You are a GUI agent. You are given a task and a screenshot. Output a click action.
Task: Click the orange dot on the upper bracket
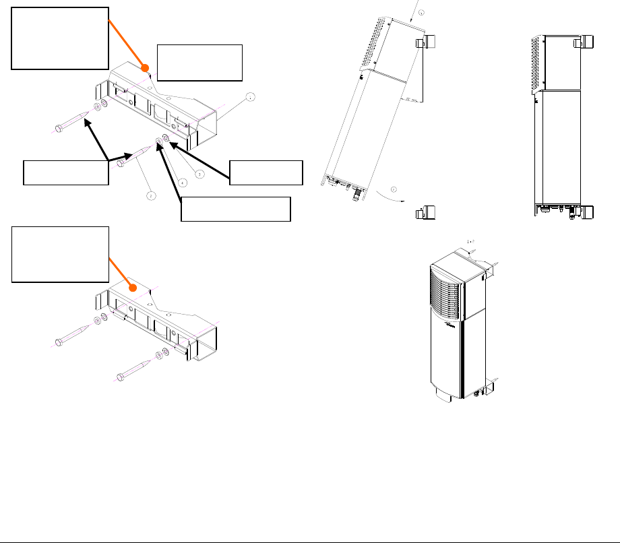click(144, 67)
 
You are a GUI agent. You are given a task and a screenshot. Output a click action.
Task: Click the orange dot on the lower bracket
click(134, 288)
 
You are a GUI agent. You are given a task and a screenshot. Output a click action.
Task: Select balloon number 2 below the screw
click(152, 196)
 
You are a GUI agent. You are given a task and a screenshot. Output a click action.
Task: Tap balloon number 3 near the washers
click(199, 174)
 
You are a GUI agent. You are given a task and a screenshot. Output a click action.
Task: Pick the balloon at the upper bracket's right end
click(250, 97)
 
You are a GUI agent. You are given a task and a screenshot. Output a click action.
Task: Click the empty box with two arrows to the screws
click(65, 172)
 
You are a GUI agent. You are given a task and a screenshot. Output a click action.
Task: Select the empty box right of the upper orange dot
click(199, 62)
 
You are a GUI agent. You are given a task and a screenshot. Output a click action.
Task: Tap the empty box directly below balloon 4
click(236, 209)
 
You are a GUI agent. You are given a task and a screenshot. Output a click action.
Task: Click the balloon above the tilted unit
click(422, 13)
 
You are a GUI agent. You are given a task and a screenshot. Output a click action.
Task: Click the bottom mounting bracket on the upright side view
click(585, 212)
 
